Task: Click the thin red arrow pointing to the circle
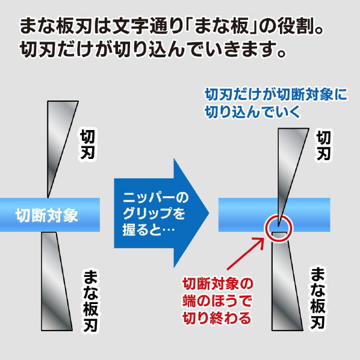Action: click(246, 253)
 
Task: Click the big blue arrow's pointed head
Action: click(209, 213)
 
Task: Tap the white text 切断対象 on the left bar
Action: click(47, 215)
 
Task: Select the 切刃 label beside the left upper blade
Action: click(87, 144)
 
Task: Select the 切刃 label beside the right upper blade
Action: click(323, 146)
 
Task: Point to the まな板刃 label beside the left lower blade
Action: click(91, 301)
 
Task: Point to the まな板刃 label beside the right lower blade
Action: click(318, 298)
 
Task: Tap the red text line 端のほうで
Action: click(217, 301)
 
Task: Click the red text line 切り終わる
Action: click(217, 318)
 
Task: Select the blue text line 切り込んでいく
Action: click(252, 112)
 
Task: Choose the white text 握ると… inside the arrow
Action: click(149, 229)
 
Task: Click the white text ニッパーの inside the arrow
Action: click(156, 197)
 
